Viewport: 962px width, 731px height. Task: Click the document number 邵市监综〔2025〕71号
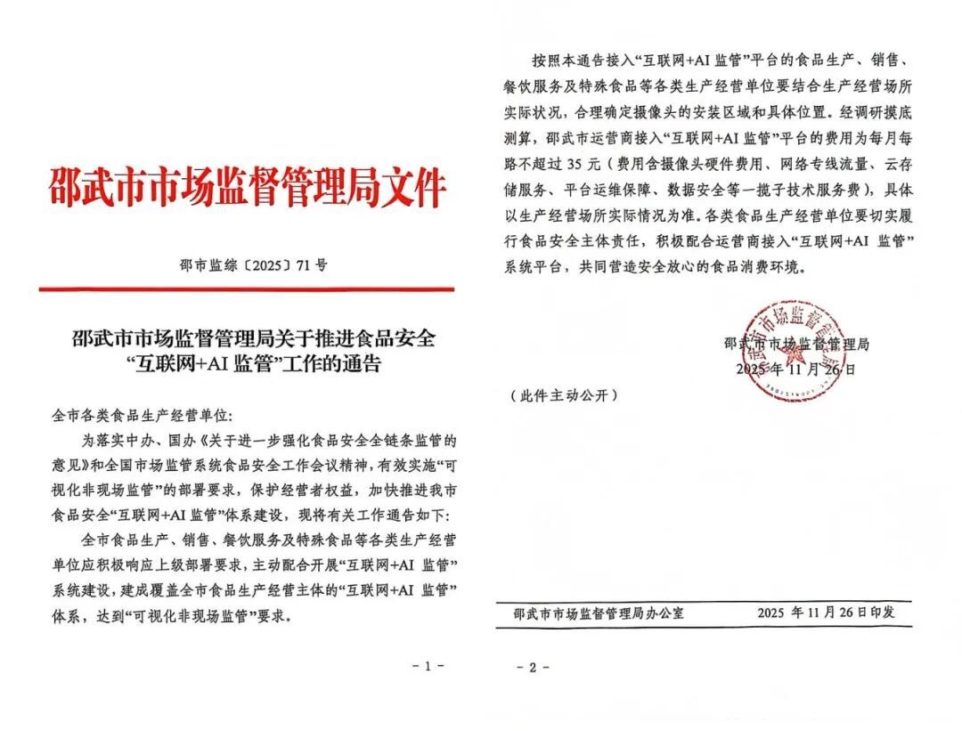click(x=247, y=264)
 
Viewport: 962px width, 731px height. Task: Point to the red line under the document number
click(x=247, y=288)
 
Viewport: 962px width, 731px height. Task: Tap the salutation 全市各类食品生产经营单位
click(x=142, y=416)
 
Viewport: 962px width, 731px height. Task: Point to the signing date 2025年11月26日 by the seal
click(x=795, y=369)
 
